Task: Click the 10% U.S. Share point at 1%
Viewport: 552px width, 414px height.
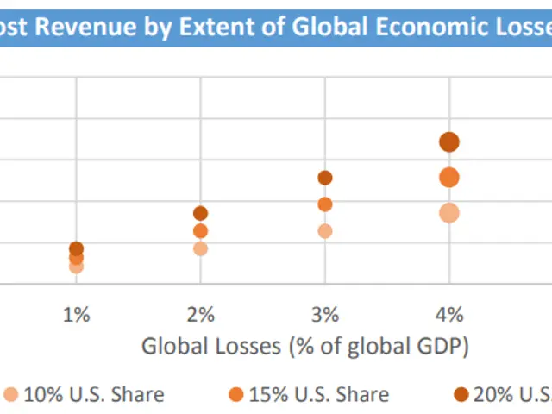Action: tap(76, 267)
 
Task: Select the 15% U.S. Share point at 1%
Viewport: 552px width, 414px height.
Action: tap(76, 257)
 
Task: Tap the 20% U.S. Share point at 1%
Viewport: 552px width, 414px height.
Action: tap(76, 248)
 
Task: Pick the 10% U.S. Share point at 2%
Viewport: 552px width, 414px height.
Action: tap(200, 248)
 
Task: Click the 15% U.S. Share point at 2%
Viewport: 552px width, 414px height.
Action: tap(200, 231)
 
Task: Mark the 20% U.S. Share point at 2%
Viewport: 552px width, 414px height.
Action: tap(200, 213)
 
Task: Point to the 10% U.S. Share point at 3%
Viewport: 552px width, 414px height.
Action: tap(325, 231)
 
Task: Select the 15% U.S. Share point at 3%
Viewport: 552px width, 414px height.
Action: tap(325, 204)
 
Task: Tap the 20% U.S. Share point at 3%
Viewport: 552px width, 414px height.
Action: tap(325, 178)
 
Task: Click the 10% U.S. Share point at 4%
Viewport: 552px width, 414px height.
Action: tap(449, 213)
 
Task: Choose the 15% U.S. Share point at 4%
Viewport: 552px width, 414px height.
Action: tap(449, 178)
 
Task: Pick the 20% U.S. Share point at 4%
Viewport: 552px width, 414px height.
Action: tap(449, 142)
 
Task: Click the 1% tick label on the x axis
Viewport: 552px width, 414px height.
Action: tap(76, 314)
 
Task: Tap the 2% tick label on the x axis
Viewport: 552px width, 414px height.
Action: tap(200, 314)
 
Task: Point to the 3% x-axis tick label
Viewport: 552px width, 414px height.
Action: tap(325, 314)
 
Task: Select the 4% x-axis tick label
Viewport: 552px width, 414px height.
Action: tap(449, 314)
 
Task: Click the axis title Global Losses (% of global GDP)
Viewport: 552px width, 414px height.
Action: tap(305, 347)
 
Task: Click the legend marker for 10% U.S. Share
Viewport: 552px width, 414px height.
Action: tap(10, 395)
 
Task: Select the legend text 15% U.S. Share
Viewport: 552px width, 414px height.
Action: tap(318, 395)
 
